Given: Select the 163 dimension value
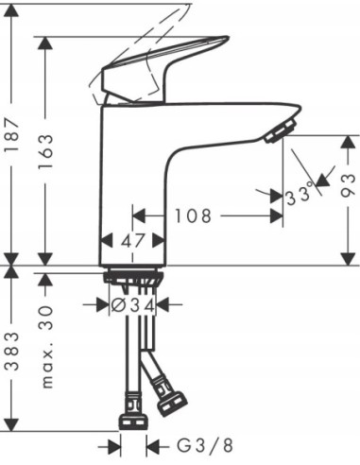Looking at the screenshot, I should tap(48, 146).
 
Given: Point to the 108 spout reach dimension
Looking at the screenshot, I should tap(195, 216).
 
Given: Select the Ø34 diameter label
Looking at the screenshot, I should tap(131, 304).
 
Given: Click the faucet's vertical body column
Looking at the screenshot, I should tap(132, 189).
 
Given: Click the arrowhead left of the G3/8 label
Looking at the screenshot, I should tap(114, 444).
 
